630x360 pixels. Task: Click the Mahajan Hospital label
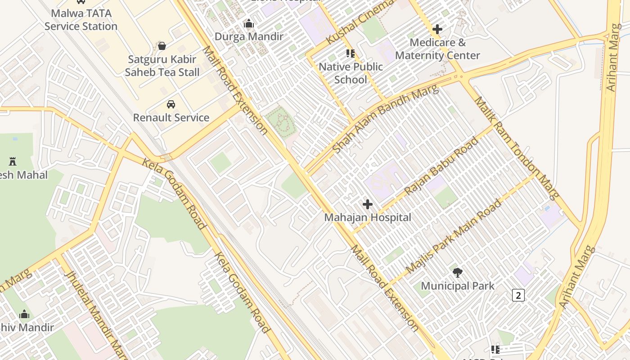(x=368, y=217)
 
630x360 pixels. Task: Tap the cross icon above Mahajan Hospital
(x=368, y=204)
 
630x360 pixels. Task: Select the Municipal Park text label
(x=458, y=286)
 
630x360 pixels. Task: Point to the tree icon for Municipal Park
(x=458, y=272)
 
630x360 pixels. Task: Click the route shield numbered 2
(x=518, y=296)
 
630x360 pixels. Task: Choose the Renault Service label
(x=171, y=117)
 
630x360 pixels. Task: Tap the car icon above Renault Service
(x=171, y=104)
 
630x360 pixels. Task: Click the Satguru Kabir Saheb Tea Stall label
(x=162, y=66)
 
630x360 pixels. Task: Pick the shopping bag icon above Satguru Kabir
(x=162, y=46)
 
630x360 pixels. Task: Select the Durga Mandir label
(x=249, y=36)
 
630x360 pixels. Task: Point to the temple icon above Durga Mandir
(x=249, y=24)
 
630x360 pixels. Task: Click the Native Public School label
(x=351, y=73)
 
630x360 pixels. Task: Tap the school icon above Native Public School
(x=351, y=54)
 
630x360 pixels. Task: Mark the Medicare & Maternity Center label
(x=437, y=49)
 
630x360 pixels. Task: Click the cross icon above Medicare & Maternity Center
(x=437, y=30)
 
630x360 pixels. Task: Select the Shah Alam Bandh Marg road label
(x=385, y=119)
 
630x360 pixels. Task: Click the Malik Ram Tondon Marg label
(x=517, y=148)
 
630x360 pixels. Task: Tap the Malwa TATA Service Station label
(x=81, y=20)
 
